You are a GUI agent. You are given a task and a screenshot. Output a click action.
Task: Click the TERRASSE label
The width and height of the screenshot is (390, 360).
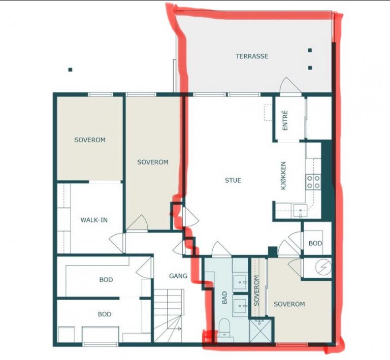coord(252,56)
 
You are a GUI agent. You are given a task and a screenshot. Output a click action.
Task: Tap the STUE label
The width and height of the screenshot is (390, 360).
coord(233,180)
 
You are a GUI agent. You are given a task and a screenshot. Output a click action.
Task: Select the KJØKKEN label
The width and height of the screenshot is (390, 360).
coord(283,176)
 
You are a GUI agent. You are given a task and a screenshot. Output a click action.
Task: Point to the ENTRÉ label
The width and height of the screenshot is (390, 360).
coord(285,120)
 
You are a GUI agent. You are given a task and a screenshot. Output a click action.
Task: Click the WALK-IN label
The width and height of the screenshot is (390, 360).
coord(94,220)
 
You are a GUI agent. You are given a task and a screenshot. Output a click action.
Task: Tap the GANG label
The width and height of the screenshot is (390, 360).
coord(178,276)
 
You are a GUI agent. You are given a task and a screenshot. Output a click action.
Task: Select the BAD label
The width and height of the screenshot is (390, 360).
coord(224,298)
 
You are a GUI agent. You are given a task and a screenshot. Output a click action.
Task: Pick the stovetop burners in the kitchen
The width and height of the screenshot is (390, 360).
coord(313,182)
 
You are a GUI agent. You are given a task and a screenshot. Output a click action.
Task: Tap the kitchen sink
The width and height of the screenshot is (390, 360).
coord(300,211)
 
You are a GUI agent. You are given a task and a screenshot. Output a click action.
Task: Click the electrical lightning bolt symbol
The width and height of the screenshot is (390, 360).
coord(323,267)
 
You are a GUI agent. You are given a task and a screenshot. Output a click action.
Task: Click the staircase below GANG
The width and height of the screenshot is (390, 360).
coord(169,315)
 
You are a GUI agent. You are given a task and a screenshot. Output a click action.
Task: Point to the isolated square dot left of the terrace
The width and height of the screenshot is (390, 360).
coord(71,70)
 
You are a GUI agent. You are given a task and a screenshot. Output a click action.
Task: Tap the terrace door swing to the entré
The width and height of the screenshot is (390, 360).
coord(290,86)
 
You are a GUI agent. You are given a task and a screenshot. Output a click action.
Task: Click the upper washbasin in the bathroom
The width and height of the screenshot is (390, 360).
coord(240,282)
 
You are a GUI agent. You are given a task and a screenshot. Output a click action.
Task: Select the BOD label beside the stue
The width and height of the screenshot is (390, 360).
coord(315,243)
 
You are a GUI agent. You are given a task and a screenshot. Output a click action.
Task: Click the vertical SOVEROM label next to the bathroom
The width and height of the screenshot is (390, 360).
coord(256,290)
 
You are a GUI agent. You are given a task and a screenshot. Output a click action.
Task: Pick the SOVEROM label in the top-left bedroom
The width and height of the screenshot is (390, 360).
coord(90,140)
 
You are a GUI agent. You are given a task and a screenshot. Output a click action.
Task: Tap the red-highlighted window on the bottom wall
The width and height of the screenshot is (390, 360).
coord(292,344)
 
